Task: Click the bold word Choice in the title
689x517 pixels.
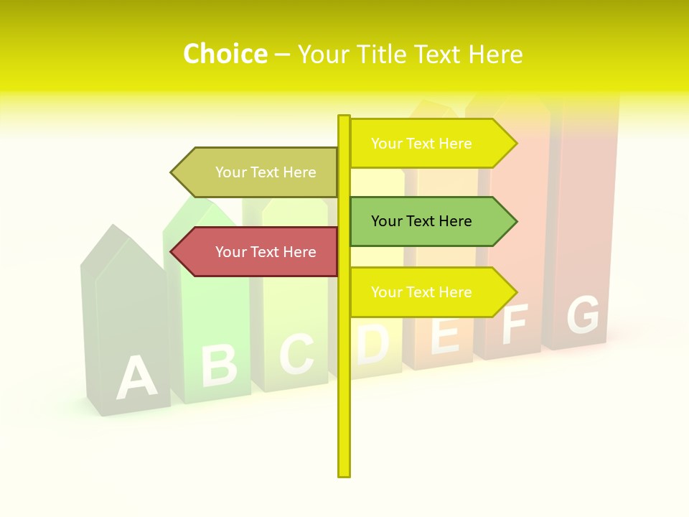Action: tap(225, 55)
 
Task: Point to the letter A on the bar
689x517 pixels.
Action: tap(136, 377)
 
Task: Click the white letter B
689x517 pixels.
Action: tap(218, 364)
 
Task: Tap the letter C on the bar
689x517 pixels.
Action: tap(296, 353)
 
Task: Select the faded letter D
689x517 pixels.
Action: tap(372, 343)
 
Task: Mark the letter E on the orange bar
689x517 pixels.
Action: tap(445, 334)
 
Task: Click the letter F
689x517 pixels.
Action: tap(515, 324)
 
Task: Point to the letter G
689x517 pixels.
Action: tap(582, 315)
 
